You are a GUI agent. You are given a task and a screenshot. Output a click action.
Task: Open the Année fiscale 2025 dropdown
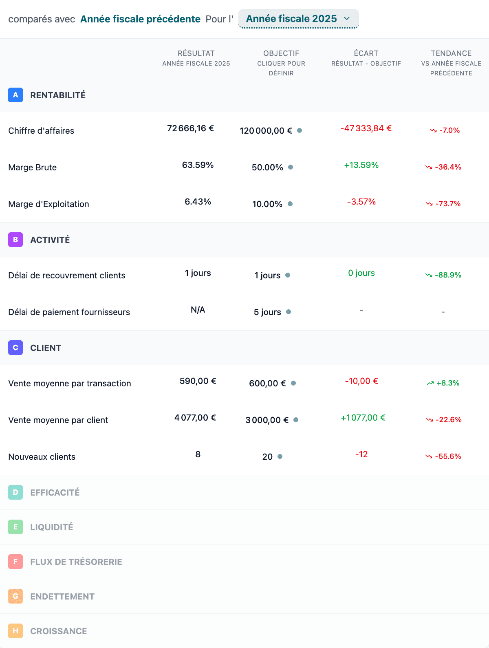point(298,19)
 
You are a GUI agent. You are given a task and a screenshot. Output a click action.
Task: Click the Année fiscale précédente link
point(140,19)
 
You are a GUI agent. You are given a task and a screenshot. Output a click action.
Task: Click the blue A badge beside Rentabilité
point(15,95)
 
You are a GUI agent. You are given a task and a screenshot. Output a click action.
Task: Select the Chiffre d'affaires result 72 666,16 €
point(190,128)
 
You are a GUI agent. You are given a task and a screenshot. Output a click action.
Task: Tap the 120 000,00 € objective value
point(266,131)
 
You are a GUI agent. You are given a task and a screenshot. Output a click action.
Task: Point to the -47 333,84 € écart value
point(366,128)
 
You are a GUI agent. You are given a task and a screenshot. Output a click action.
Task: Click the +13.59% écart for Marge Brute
point(361,165)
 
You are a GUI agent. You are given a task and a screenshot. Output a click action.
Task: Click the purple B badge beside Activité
point(15,240)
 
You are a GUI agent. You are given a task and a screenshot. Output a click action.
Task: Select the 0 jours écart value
point(361,273)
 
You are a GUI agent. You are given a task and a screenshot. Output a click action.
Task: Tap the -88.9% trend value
point(447,275)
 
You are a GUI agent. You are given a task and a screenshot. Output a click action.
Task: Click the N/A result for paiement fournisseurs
point(198,310)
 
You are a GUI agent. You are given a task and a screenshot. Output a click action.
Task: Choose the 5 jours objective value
point(267,312)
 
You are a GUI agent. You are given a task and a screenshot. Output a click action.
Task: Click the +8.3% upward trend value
point(447,383)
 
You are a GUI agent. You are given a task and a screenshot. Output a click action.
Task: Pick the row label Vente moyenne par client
point(58,420)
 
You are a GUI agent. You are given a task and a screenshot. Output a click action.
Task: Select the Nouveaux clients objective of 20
point(267,457)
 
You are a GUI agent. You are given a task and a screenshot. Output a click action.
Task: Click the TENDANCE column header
point(451,53)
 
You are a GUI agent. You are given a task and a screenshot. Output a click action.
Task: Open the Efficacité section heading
point(55,492)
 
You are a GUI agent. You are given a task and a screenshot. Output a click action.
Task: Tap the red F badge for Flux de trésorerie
point(15,562)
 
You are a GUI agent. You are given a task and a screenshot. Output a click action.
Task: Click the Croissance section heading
point(58,631)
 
